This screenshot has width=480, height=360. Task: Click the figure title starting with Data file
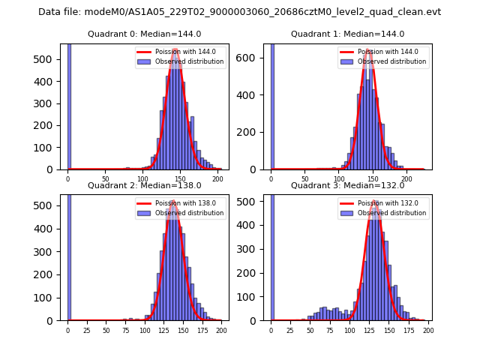pos(239,12)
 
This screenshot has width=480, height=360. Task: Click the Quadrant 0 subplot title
pos(144,34)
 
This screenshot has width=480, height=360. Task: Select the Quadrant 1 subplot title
pos(347,34)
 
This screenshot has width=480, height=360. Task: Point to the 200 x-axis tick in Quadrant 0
pos(218,179)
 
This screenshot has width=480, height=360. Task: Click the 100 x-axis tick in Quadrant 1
pos(339,179)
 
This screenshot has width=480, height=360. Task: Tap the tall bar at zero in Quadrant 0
pos(69,105)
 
